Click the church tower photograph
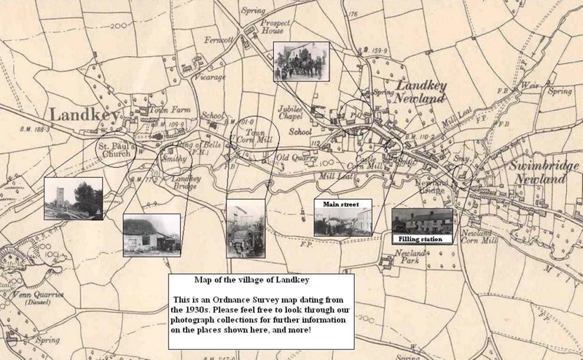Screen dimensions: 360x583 click(73, 198)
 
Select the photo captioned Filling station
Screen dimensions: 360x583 click(420, 222)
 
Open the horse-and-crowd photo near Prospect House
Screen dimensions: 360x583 click(301, 61)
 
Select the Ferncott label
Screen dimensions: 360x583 click(219, 39)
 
